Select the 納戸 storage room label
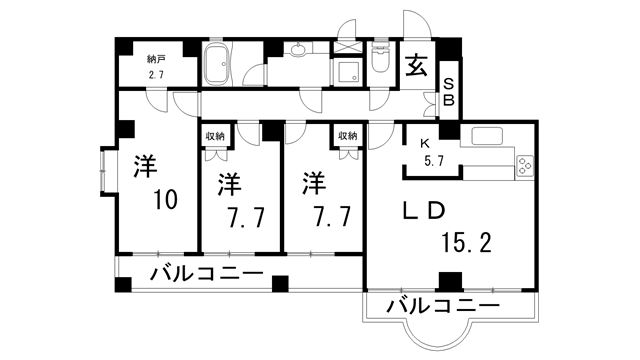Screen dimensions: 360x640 tap(156, 59)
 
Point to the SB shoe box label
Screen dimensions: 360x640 tap(449, 91)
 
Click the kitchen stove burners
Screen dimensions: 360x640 tap(527, 167)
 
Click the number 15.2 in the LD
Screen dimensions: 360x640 tap(463, 240)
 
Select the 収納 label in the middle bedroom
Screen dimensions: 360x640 tap(215, 136)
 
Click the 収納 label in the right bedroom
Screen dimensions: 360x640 tap(346, 136)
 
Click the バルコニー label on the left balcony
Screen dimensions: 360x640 tap(207, 274)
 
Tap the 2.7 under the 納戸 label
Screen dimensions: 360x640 tap(156, 75)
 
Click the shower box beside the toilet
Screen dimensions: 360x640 tap(347, 69)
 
